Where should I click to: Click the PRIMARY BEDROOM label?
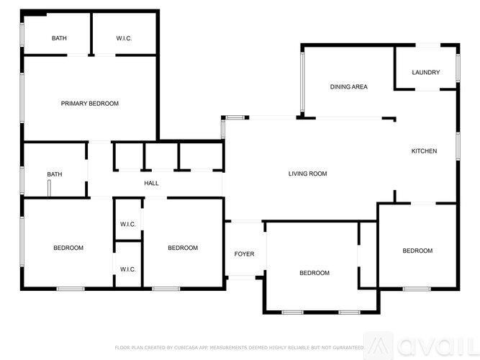pos(89,104)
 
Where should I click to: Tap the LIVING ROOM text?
pos(307,174)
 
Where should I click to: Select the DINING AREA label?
pos(348,87)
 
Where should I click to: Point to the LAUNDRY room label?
pos(425,72)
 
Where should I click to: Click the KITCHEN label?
pos(423,151)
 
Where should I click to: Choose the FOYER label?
pos(244,254)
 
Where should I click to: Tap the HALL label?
pos(151,183)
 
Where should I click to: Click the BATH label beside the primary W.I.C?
pos(59,38)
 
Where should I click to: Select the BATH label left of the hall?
pos(54,174)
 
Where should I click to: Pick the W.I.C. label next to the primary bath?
pos(124,38)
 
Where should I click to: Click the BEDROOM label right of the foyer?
pos(314,273)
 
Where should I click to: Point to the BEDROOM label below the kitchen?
pos(417,251)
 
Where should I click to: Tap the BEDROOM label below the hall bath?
pos(68,248)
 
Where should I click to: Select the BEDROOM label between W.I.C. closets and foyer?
pos(182,248)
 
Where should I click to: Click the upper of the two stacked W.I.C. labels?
pos(128,224)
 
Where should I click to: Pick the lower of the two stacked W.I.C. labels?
pos(128,269)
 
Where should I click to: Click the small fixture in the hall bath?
pos(49,189)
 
